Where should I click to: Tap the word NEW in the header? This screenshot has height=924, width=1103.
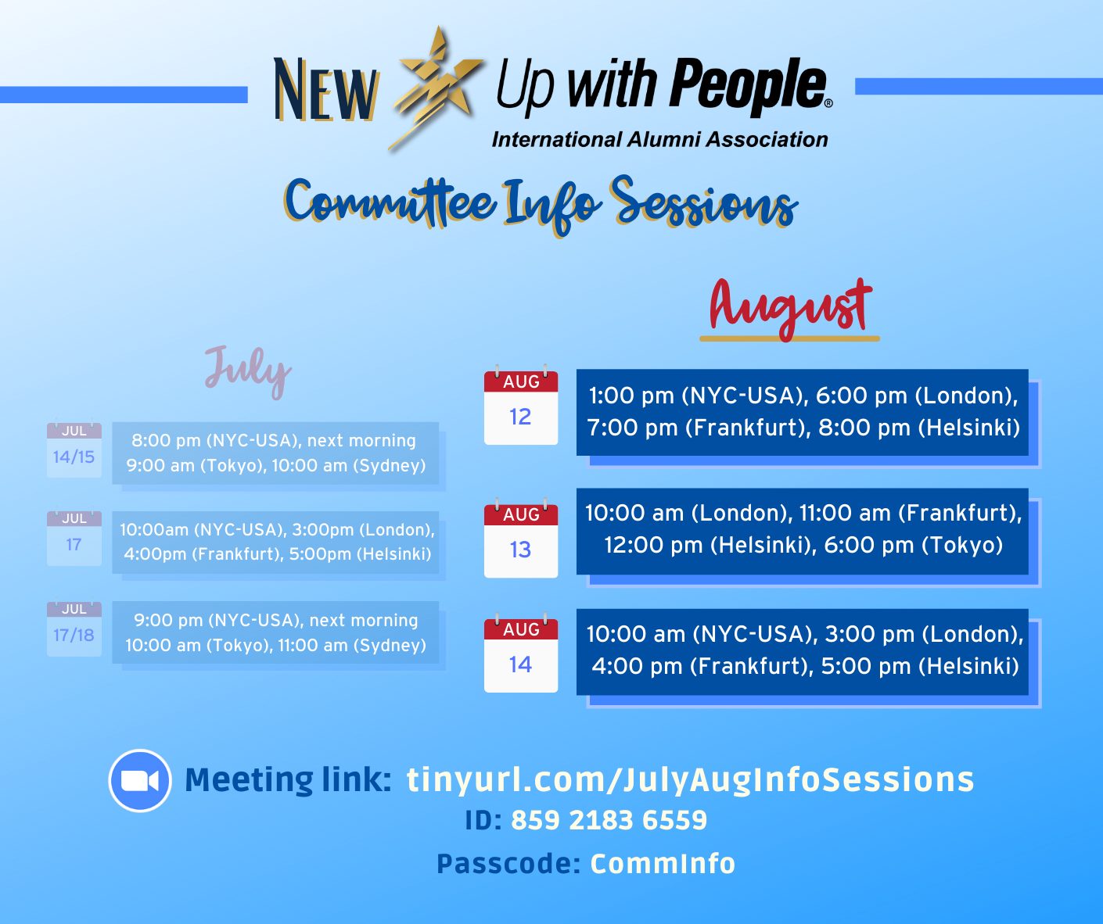tap(326, 88)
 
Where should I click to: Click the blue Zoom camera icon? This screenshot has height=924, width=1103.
tap(140, 780)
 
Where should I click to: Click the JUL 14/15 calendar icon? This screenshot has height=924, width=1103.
tap(74, 449)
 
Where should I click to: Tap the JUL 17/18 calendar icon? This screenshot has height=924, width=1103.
tap(74, 629)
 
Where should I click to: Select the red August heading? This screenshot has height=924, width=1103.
tap(790, 310)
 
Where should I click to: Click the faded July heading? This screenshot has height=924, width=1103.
tap(248, 371)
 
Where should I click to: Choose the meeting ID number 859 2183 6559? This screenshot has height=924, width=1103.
tap(609, 820)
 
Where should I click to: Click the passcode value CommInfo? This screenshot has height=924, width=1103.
tap(663, 864)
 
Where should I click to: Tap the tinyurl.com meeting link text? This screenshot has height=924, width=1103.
tap(691, 780)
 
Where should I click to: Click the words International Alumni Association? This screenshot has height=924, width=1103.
tap(659, 139)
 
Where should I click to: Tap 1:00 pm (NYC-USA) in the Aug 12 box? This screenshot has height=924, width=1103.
tap(698, 396)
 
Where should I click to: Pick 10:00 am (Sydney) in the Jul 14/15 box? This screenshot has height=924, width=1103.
tap(349, 465)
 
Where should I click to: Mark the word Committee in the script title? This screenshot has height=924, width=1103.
tap(390, 203)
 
